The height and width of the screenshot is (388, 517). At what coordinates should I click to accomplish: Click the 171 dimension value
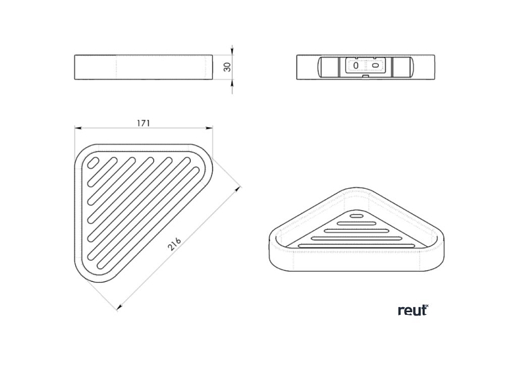point(144,123)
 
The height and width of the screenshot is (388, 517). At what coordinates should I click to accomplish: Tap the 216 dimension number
point(174,244)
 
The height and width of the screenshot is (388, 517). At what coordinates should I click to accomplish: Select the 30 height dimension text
point(227,67)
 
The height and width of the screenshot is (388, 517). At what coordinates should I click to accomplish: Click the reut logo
point(413,310)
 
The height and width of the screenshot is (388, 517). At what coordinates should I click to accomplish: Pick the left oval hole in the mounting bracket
point(356,65)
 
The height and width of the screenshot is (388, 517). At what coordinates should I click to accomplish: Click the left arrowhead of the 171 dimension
point(78,128)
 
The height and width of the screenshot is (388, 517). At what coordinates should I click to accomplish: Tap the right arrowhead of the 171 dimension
point(209,128)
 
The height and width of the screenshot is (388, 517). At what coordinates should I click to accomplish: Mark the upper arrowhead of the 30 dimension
point(232,51)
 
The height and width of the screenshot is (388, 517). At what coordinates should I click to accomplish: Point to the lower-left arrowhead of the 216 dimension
point(120,307)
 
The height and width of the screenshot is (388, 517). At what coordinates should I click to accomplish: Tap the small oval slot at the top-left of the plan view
point(93,163)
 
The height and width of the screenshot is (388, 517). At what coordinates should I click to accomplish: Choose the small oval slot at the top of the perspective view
point(356,216)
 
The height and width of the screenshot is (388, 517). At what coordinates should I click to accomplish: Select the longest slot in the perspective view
point(357,246)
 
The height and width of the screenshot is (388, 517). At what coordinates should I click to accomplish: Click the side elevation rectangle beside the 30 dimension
point(144,67)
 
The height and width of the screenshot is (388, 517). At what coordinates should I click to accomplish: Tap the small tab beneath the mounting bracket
point(365,77)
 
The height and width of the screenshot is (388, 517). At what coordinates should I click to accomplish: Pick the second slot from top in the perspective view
point(356,223)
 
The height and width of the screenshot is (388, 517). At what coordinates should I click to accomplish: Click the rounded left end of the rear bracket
point(321,66)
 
